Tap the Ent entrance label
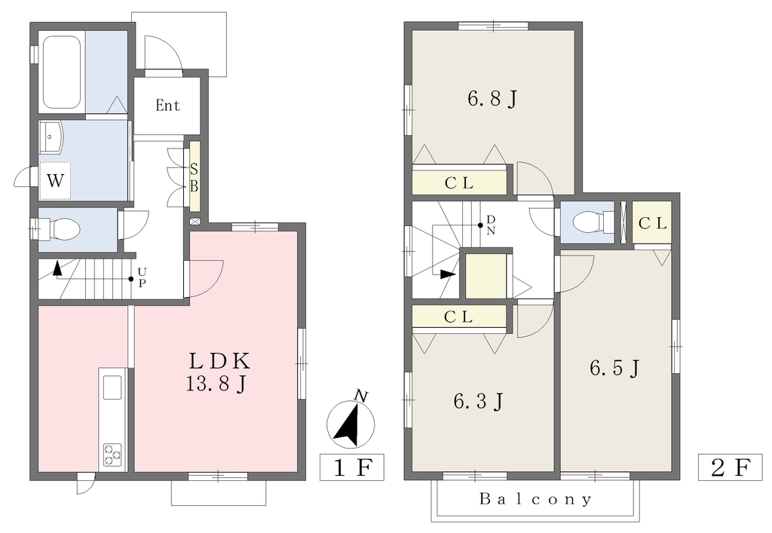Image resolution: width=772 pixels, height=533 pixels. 167,106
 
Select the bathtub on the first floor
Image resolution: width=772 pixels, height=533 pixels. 62,73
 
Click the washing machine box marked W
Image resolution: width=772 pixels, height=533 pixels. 55,181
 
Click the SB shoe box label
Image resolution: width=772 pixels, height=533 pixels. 194,178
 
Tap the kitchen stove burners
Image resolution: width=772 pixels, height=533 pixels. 113,454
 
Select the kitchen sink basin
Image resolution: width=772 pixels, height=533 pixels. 113,387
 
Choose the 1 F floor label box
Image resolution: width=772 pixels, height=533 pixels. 351,467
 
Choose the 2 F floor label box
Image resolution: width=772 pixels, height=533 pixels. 730,467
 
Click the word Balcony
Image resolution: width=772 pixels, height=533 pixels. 536,500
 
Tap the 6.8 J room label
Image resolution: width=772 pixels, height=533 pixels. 492,100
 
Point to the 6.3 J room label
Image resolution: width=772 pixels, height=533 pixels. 478,402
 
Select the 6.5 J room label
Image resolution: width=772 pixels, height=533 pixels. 615,368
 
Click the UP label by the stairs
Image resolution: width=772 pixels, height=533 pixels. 142,277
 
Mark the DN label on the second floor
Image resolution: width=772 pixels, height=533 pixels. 491,225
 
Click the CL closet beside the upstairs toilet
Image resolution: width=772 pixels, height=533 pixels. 652,222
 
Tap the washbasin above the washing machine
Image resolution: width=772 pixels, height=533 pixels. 51,137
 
